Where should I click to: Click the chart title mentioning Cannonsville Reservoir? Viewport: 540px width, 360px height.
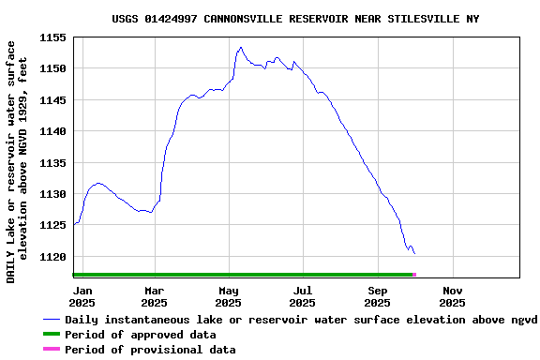click(295, 19)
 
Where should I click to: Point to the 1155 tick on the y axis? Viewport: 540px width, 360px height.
click(54, 37)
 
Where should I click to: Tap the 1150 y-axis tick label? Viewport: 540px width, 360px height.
click(54, 68)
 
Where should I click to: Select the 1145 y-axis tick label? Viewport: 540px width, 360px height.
click(54, 100)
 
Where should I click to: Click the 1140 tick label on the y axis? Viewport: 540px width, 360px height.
click(54, 131)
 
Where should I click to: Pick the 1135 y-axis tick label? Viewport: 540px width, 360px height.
click(54, 163)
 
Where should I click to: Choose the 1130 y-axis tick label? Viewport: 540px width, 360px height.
click(54, 194)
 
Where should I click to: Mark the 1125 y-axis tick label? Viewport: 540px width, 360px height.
click(54, 225)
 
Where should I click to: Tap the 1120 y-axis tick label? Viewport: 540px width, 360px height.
click(54, 257)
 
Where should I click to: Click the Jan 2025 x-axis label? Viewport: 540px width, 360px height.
click(82, 296)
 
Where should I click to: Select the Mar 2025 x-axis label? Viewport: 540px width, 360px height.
click(154, 296)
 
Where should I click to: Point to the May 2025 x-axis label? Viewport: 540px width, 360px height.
click(228, 296)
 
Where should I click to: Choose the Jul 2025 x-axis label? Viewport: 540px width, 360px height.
click(302, 296)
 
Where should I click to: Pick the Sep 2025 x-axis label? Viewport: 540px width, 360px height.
click(377, 296)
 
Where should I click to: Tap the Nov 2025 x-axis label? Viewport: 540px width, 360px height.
click(452, 296)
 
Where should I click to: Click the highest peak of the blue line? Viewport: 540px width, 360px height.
click(241, 47)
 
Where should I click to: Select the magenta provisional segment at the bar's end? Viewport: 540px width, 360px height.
click(413, 275)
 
